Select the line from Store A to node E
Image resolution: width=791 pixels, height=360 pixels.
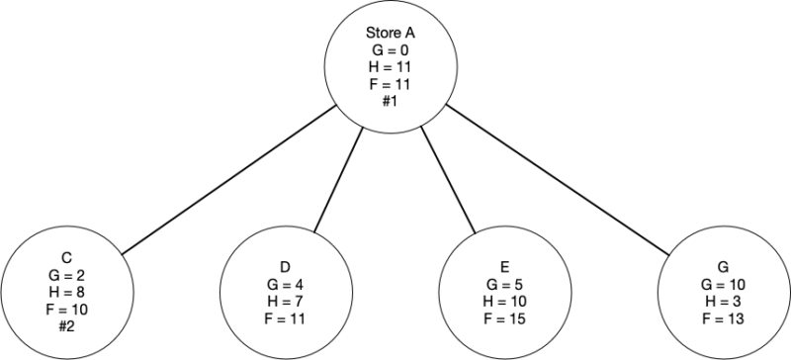[445, 183]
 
